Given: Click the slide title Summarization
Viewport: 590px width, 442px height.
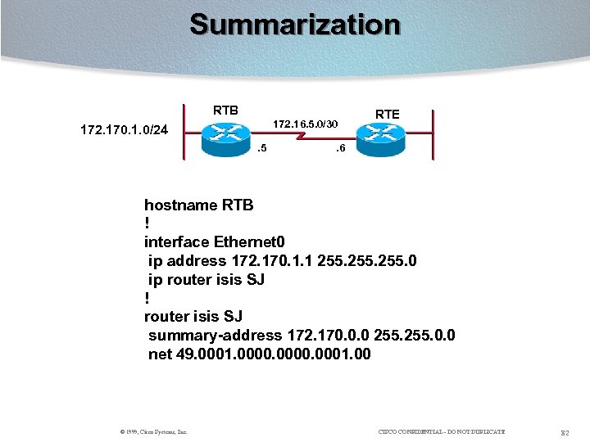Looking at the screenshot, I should tap(295, 25).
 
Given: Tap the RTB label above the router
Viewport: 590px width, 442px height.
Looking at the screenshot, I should tap(225, 110).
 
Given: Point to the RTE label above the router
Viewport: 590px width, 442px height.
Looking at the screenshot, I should tap(387, 114).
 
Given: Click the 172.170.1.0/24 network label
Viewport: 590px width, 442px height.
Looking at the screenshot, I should tap(124, 129).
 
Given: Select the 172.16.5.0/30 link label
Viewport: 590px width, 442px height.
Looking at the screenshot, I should tap(305, 124).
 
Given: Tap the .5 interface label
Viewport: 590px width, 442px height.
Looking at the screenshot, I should tap(261, 149).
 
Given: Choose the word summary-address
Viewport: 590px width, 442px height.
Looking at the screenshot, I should tap(215, 336).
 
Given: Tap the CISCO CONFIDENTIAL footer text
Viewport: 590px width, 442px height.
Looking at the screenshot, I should tap(442, 431).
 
